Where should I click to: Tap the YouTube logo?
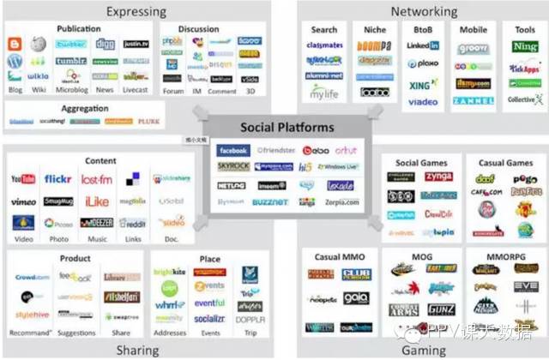(x=24, y=179)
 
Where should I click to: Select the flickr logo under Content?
(x=58, y=179)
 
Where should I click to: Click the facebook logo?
(x=233, y=150)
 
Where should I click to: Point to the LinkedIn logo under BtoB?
(x=423, y=45)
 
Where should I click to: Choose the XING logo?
(x=423, y=84)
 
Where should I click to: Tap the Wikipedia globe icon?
(x=38, y=44)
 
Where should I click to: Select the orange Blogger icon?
(x=15, y=44)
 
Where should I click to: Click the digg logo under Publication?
(x=106, y=44)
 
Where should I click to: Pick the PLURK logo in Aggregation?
(x=149, y=122)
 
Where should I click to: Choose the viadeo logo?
(x=423, y=101)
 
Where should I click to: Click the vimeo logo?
(x=23, y=201)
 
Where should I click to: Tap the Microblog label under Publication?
(x=71, y=89)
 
